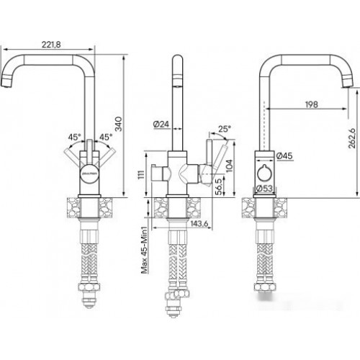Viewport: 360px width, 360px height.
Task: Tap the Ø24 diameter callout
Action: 161,125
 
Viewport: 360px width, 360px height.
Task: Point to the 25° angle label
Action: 225,129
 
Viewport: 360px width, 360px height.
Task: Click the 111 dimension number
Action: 142,174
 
